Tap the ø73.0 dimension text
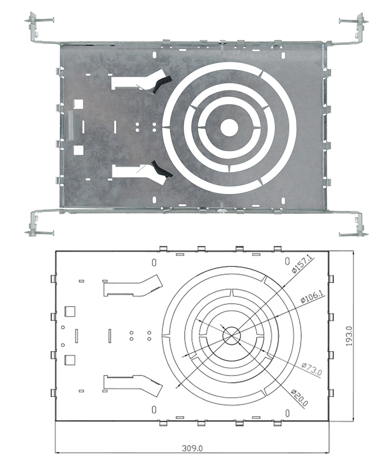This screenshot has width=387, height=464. coord(312,369)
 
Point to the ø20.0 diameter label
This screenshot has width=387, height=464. coord(300,397)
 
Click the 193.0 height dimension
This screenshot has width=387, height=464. coord(349,336)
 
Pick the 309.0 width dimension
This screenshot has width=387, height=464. coord(192,456)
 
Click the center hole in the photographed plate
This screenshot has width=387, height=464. coord(229,127)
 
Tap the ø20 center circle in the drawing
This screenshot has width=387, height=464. coord(232,336)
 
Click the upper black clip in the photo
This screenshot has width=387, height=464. coord(162,84)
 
